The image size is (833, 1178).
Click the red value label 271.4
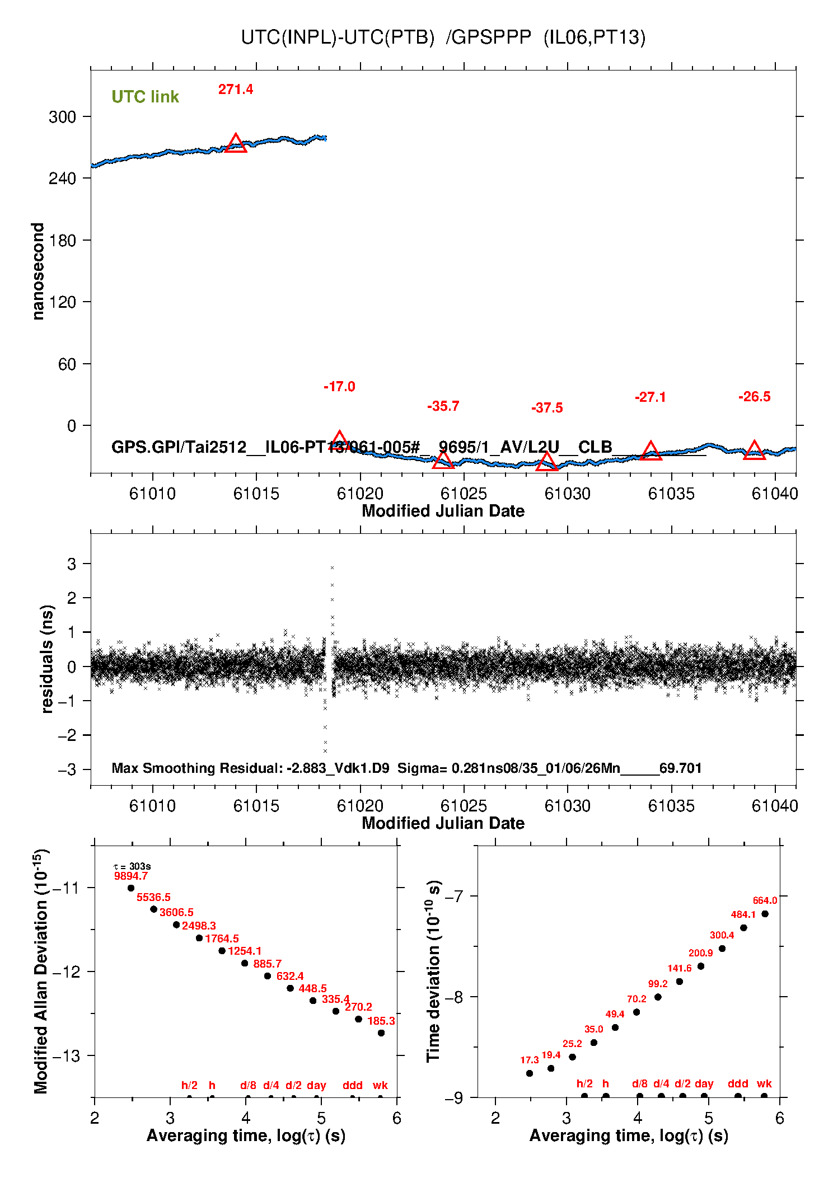pyautogui.click(x=235, y=90)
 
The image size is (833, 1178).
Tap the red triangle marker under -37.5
pyautogui.click(x=547, y=462)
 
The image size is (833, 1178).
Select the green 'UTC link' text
pyautogui.click(x=145, y=97)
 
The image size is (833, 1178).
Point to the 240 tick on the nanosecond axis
pyautogui.click(x=62, y=179)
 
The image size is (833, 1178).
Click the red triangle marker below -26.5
pyautogui.click(x=754, y=450)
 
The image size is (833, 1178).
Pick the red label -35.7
pyautogui.click(x=443, y=406)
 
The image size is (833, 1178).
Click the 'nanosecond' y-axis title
pyautogui.click(x=38, y=271)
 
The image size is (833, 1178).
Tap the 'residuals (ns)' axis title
pyautogui.click(x=47, y=659)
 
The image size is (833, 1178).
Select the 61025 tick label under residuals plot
pyautogui.click(x=464, y=806)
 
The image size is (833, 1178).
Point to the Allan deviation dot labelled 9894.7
pyautogui.click(x=131, y=888)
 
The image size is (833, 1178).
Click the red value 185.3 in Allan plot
pyautogui.click(x=381, y=1021)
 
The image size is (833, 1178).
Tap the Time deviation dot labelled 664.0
pyautogui.click(x=765, y=914)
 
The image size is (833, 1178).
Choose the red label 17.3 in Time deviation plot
pyautogui.click(x=529, y=1060)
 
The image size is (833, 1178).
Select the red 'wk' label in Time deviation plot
pyautogui.click(x=764, y=1083)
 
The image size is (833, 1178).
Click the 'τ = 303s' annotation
pyautogui.click(x=132, y=866)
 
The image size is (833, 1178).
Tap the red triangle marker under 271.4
pyautogui.click(x=236, y=144)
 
